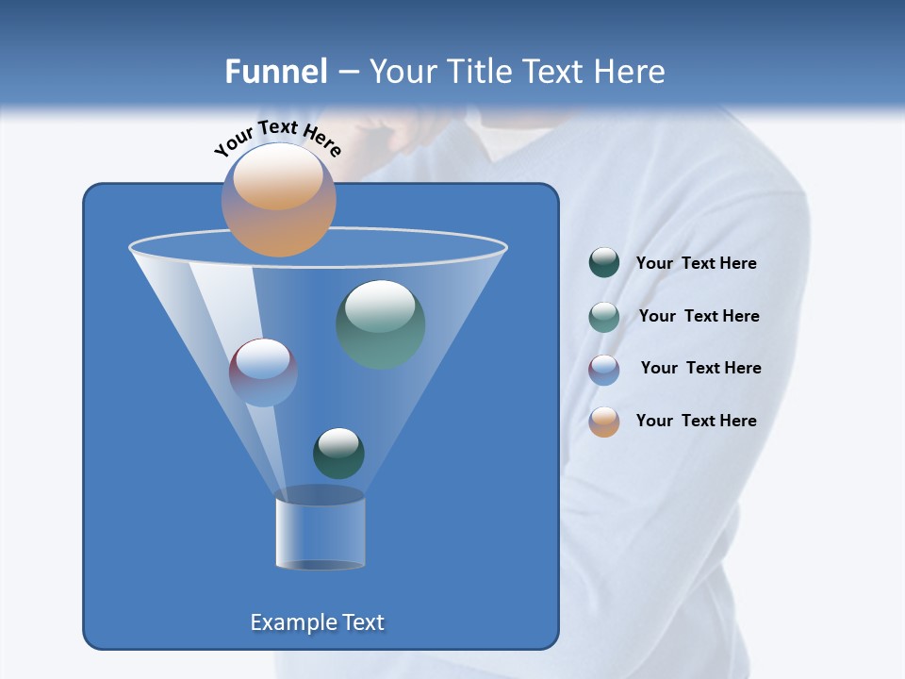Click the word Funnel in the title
(x=275, y=72)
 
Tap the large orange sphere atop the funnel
(x=278, y=200)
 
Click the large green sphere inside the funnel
(x=381, y=324)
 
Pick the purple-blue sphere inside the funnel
(x=263, y=373)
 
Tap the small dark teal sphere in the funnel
(x=338, y=453)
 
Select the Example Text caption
(x=317, y=622)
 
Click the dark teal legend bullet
(x=604, y=263)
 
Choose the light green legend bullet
(x=604, y=317)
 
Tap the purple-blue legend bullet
(x=604, y=370)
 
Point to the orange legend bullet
(x=604, y=422)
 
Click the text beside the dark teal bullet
(x=696, y=263)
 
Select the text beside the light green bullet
(x=699, y=316)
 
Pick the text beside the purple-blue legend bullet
(x=700, y=368)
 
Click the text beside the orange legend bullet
(x=696, y=421)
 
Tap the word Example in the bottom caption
(x=290, y=622)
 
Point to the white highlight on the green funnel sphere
(x=379, y=304)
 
